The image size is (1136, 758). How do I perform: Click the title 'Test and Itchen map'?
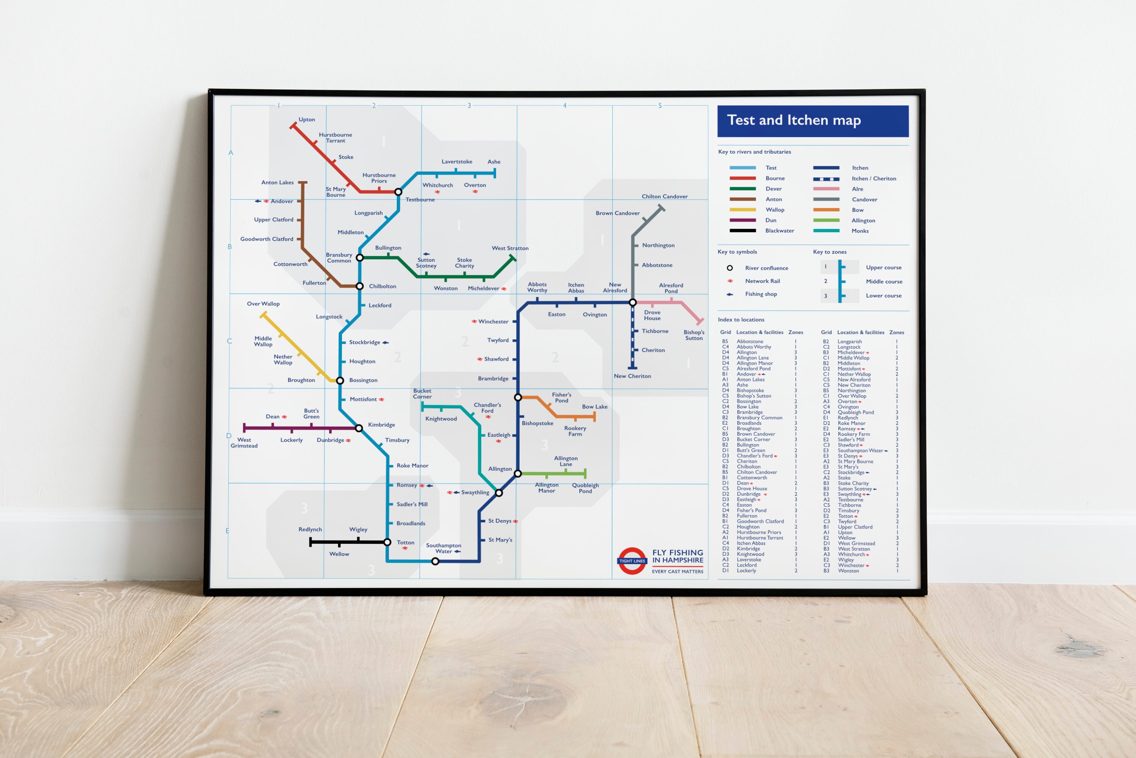794,120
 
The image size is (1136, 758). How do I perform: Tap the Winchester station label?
493,321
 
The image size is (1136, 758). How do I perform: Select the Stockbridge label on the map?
365,342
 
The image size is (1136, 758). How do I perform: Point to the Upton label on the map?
306,119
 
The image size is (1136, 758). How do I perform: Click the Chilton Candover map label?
664,196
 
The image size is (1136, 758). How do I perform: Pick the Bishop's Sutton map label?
694,335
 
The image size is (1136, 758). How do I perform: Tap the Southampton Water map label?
443,548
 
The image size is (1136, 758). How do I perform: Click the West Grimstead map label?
244,443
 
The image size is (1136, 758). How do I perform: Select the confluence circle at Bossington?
340,381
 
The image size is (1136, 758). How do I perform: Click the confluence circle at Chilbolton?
360,286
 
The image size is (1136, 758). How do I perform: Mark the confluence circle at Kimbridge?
359,428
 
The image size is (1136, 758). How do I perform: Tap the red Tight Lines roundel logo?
632,561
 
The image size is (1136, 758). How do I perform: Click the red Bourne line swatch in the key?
743,178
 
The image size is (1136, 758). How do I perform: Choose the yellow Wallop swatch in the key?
743,210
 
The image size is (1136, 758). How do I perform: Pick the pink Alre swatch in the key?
826,189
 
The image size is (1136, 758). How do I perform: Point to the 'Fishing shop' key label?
761,294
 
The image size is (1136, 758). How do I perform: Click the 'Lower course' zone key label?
883,295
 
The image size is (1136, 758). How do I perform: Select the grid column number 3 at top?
469,105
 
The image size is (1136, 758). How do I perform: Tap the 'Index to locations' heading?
741,320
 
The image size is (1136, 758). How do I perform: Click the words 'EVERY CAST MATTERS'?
677,571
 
